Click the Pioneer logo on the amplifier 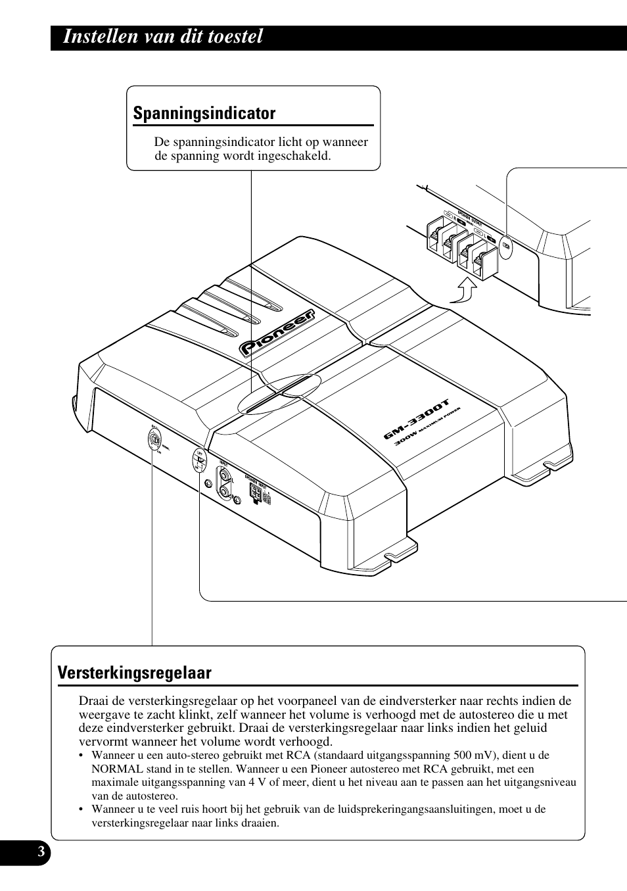[277, 333]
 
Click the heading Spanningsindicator [204, 113]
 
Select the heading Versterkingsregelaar [135, 673]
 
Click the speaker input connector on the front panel [254, 492]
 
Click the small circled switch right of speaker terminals [506, 245]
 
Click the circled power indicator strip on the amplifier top [279, 394]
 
